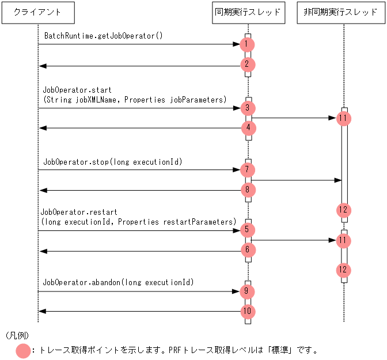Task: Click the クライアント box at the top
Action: (x=38, y=12)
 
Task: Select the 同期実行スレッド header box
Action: (x=248, y=12)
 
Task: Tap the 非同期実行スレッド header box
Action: (x=343, y=12)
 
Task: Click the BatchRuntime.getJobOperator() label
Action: (x=104, y=36)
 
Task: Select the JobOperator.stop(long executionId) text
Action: (x=112, y=162)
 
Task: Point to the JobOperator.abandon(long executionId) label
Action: (x=118, y=283)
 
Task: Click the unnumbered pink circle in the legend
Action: (x=24, y=350)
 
